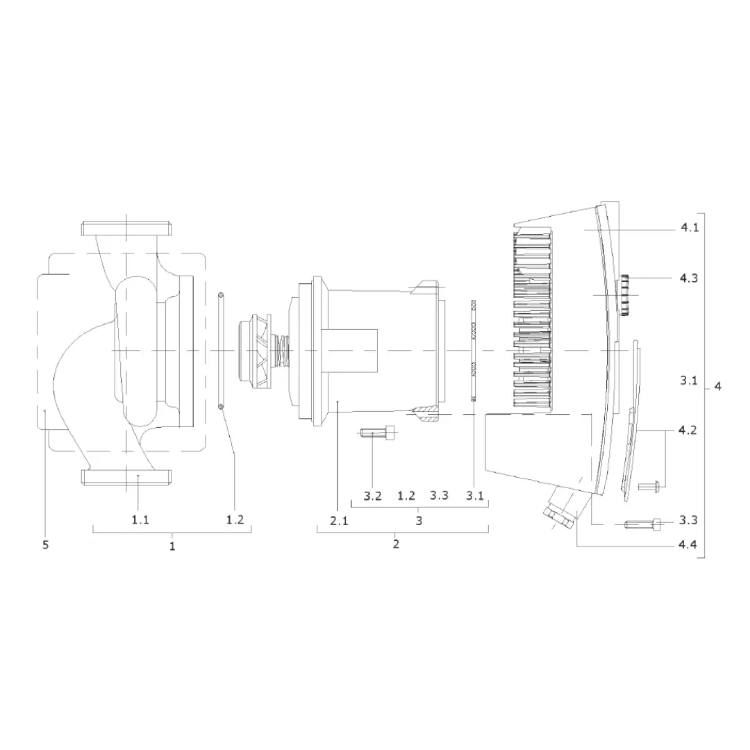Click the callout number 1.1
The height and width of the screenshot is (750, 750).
(x=140, y=519)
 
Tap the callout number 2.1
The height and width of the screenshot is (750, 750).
(x=339, y=520)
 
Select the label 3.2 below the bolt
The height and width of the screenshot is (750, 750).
(x=372, y=496)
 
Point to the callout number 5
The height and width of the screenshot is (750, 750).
(x=45, y=545)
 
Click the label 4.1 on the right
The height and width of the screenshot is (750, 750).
(x=690, y=228)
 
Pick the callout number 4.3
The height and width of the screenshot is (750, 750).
(x=689, y=278)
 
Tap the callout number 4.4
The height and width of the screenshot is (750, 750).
(x=687, y=544)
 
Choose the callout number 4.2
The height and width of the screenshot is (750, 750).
(x=687, y=430)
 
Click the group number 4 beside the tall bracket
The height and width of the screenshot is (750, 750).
(x=717, y=386)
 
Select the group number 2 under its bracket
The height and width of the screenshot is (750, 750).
(x=396, y=544)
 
